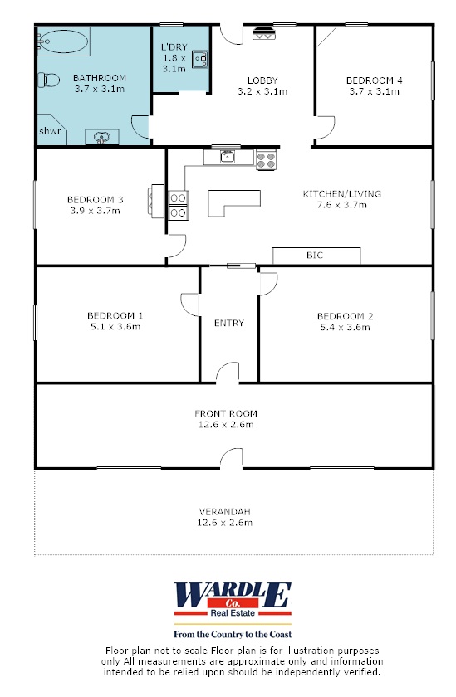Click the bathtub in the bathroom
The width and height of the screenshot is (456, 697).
[61, 39]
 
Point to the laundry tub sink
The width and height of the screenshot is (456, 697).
[199, 58]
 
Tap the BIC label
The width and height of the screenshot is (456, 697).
[315, 256]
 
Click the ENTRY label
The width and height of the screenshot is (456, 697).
[228, 323]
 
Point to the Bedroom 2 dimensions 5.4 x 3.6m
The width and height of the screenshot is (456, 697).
[345, 327]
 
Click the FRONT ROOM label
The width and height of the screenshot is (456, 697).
[226, 413]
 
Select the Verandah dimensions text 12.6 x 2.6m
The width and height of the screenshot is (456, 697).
[225, 523]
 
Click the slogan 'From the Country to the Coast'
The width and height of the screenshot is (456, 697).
[233, 633]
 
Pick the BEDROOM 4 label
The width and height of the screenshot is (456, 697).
[374, 80]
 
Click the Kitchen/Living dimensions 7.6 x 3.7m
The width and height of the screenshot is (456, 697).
[341, 205]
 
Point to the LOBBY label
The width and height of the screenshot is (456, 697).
[262, 80]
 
